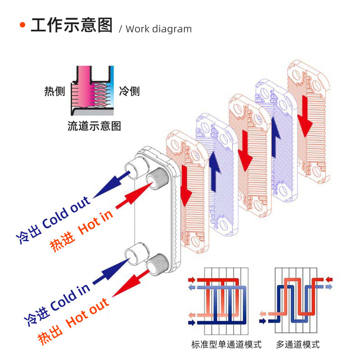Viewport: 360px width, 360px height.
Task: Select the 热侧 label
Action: pyautogui.click(x=54, y=91)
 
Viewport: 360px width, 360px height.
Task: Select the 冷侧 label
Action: pyautogui.click(x=129, y=91)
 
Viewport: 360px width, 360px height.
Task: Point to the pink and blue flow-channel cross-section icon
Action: pyautogui.click(x=92, y=90)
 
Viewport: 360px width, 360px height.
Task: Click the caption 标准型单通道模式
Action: pyautogui.click(x=226, y=345)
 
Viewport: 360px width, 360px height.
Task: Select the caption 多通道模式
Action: pyautogui.click(x=298, y=345)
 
